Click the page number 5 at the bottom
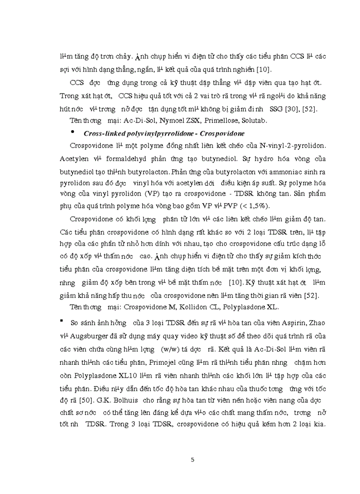192,460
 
